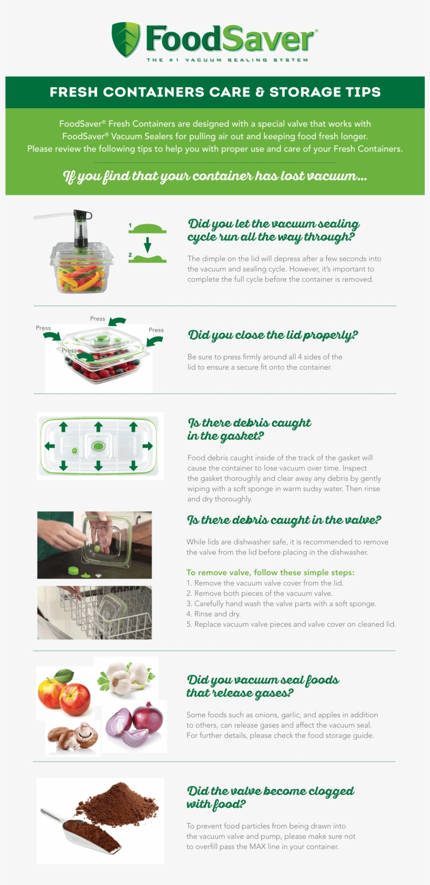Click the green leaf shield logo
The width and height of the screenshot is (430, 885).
(126, 39)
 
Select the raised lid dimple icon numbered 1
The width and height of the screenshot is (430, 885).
(148, 228)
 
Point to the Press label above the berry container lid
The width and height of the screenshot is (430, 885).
(98, 319)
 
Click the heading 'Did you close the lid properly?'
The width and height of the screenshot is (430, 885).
(273, 335)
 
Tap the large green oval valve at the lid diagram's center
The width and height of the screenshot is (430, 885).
(98, 446)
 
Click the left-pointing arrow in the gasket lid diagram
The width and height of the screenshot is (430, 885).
(50, 446)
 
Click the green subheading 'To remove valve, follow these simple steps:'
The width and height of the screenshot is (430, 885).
(270, 573)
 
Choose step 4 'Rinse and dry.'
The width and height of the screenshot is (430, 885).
(213, 614)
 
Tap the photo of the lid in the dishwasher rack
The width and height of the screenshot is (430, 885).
(94, 613)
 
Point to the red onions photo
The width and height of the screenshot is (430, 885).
(135, 726)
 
